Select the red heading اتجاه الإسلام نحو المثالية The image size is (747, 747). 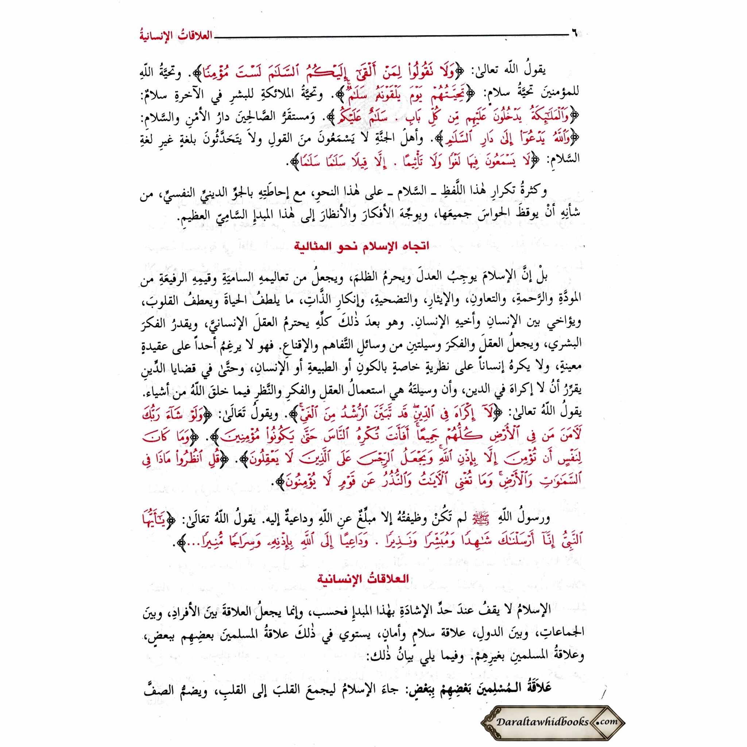coord(362,246)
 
